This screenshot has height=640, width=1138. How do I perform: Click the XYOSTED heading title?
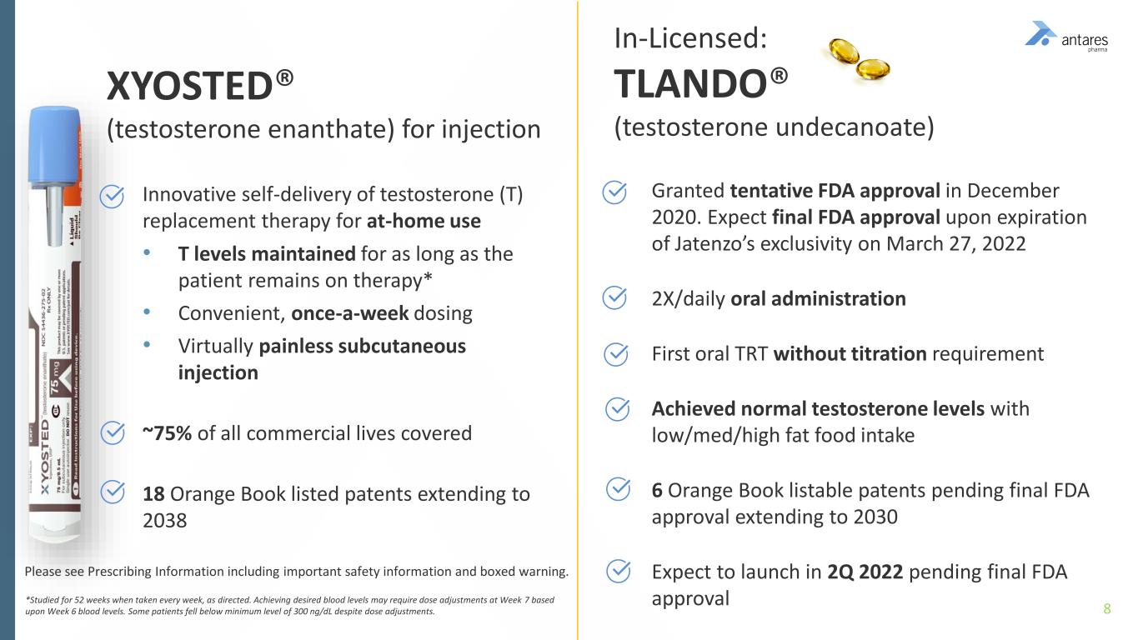pyautogui.click(x=200, y=85)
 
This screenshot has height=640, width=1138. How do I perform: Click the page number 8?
pyautogui.click(x=1107, y=608)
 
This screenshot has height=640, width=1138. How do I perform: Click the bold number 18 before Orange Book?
pyautogui.click(x=153, y=494)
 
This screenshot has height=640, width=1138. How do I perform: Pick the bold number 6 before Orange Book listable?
pyautogui.click(x=657, y=490)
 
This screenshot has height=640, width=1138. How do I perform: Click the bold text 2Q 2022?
pyautogui.click(x=864, y=572)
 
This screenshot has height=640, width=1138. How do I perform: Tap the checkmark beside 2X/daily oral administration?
pyautogui.click(x=615, y=297)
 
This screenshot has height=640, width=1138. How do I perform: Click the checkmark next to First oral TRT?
pyautogui.click(x=615, y=354)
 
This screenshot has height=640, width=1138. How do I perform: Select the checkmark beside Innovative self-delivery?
pyautogui.click(x=113, y=197)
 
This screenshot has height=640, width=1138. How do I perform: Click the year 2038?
pyautogui.click(x=164, y=521)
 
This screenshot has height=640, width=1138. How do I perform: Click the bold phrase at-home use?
pyautogui.click(x=424, y=222)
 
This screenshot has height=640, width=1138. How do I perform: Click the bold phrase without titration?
pyautogui.click(x=850, y=354)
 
